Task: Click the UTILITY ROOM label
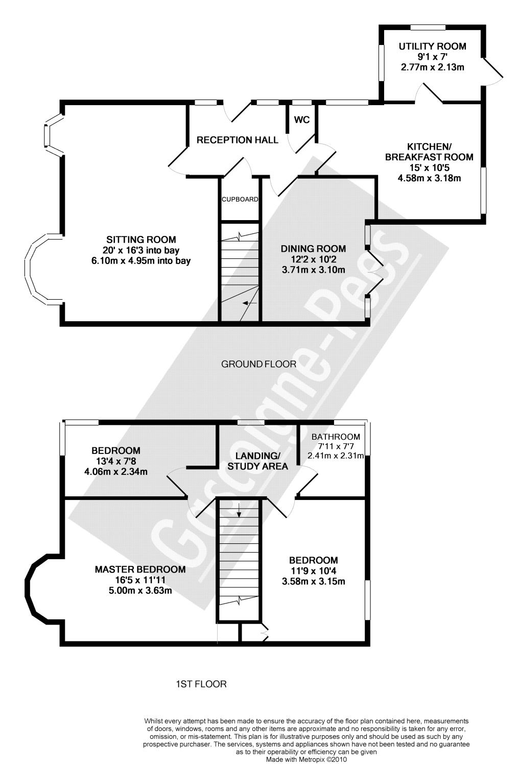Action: tap(432, 46)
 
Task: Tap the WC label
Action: tap(302, 120)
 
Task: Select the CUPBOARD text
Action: tap(240, 199)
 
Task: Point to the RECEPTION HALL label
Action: tap(238, 140)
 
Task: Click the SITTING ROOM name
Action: tap(141, 240)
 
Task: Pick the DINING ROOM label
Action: tap(313, 249)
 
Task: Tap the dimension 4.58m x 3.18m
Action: tap(429, 178)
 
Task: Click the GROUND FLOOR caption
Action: tap(258, 364)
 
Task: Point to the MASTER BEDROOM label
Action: tap(140, 569)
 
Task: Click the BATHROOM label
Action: tap(336, 437)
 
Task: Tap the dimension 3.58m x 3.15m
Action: tap(313, 581)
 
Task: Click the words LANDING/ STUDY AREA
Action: tap(257, 461)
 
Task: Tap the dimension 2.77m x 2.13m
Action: tap(432, 67)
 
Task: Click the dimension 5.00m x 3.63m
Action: tap(140, 591)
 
